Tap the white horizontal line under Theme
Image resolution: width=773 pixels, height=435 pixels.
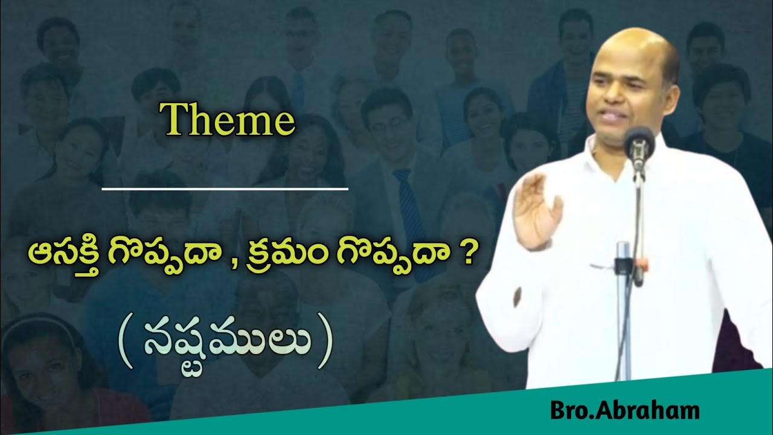(225, 189)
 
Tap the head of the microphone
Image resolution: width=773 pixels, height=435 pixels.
(638, 145)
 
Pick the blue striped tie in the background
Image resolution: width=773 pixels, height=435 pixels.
(409, 205)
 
